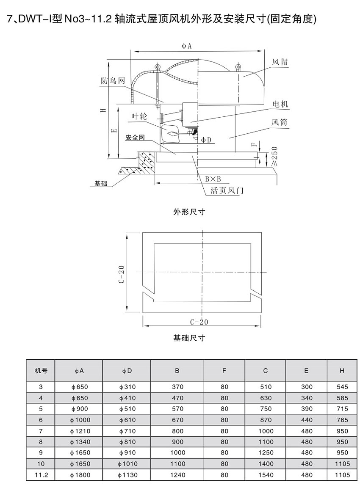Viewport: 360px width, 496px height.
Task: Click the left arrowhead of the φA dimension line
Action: (x=133, y=51)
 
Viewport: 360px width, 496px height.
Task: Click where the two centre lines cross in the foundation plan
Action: (x=202, y=272)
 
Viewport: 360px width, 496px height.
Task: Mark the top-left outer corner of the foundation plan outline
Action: (x=142, y=233)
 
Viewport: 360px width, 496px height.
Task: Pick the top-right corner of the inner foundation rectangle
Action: (x=252, y=243)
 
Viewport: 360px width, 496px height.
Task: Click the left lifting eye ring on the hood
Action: (x=157, y=67)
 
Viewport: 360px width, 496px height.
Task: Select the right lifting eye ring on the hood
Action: (x=238, y=66)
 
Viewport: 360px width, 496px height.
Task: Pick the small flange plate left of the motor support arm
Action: (x=163, y=118)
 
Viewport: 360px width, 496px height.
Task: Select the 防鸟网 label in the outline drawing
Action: (x=113, y=81)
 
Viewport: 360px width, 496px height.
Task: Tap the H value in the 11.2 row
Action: (x=342, y=475)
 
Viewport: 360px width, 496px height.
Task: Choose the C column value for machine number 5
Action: (x=266, y=409)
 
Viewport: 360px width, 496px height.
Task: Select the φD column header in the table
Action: (x=127, y=371)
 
